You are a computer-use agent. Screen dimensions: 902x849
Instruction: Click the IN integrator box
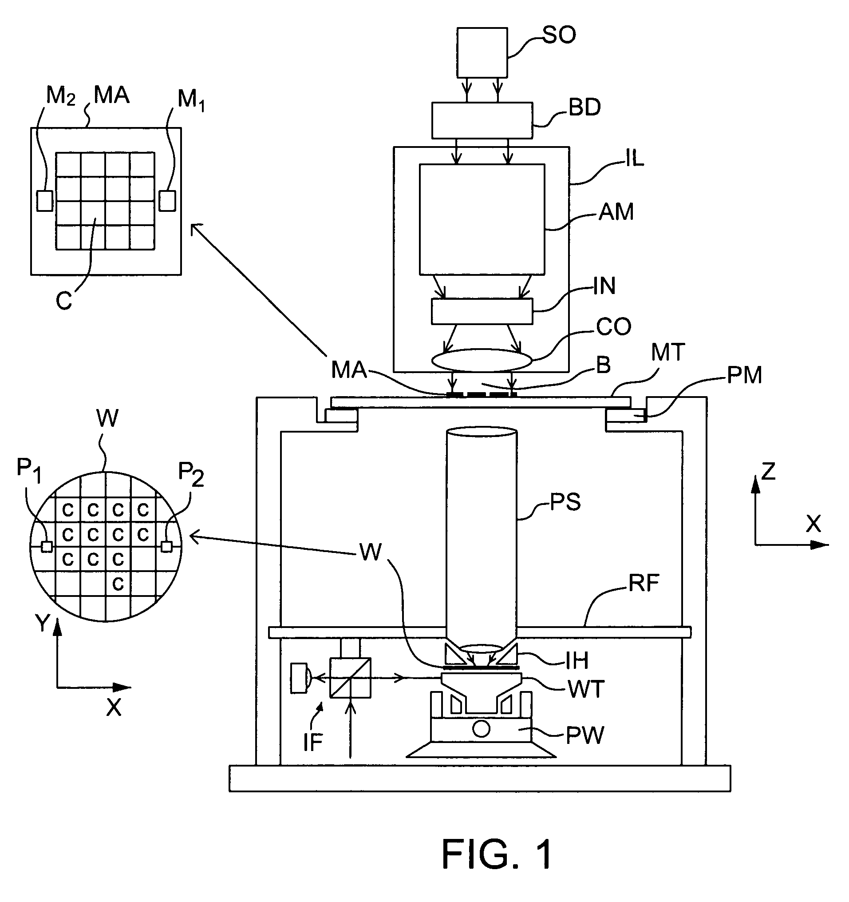pyautogui.click(x=482, y=311)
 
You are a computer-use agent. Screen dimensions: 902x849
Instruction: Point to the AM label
pyautogui.click(x=616, y=212)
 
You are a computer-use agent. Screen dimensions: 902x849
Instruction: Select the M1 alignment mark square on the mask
pyautogui.click(x=167, y=201)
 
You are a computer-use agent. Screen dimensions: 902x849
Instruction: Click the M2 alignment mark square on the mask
pyautogui.click(x=44, y=201)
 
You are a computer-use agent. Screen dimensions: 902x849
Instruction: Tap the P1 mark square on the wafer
pyautogui.click(x=46, y=547)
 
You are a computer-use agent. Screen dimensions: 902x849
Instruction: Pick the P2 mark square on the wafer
pyautogui.click(x=166, y=547)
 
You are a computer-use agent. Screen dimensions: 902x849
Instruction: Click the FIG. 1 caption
pyautogui.click(x=497, y=854)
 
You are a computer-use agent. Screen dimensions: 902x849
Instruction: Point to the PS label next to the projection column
pyautogui.click(x=565, y=502)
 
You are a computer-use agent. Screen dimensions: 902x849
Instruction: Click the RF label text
pyautogui.click(x=643, y=583)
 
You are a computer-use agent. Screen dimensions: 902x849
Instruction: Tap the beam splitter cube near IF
pyautogui.click(x=350, y=677)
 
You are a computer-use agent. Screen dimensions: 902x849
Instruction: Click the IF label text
pyautogui.click(x=312, y=742)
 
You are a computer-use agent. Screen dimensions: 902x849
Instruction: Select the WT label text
pyautogui.click(x=586, y=690)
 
